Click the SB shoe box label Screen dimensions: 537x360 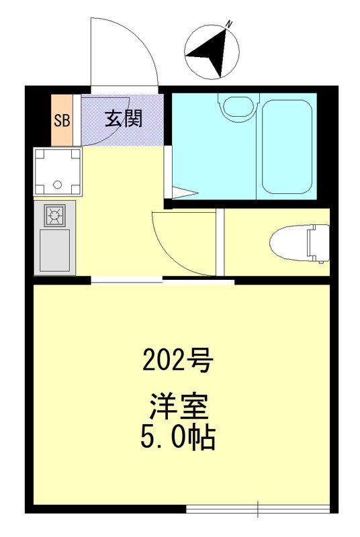(x=62, y=121)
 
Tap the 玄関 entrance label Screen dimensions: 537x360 (x=123, y=119)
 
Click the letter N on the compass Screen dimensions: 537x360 (x=230, y=24)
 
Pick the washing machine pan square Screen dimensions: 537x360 (x=58, y=172)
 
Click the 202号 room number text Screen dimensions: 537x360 (x=177, y=362)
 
